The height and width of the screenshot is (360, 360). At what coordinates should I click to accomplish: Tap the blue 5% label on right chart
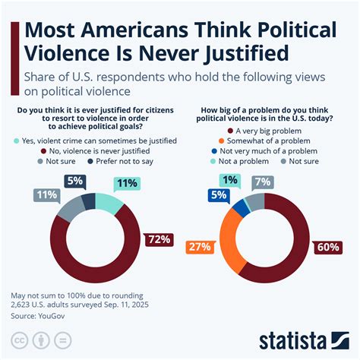coord(217,194)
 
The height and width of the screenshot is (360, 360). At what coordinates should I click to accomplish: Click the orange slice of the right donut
coord(229,243)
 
